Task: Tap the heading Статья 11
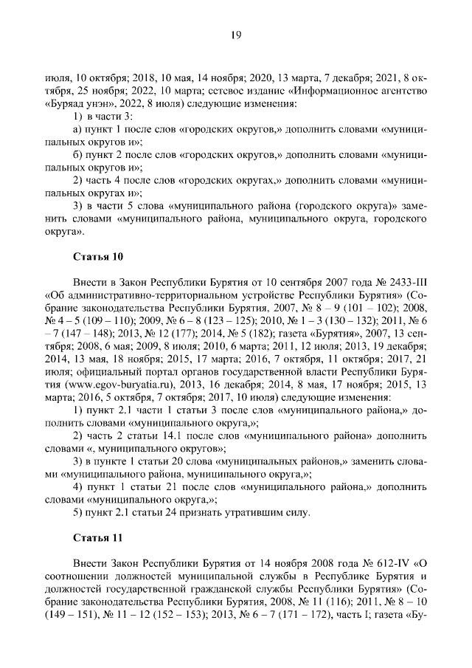click(98, 537)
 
